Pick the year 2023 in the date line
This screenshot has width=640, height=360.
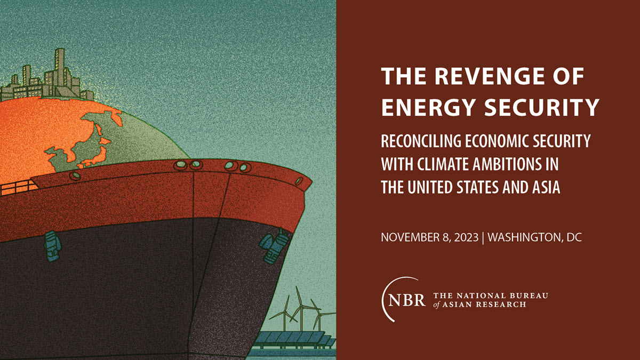[464, 237]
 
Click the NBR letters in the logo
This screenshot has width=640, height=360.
[406, 300]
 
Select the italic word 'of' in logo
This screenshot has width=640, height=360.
[437, 305]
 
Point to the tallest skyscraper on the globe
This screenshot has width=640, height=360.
[60, 71]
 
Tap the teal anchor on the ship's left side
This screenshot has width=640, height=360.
[52, 246]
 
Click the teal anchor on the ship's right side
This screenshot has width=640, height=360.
[274, 246]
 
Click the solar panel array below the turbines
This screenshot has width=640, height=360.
[294, 340]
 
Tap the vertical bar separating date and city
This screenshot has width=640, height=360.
[483, 238]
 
